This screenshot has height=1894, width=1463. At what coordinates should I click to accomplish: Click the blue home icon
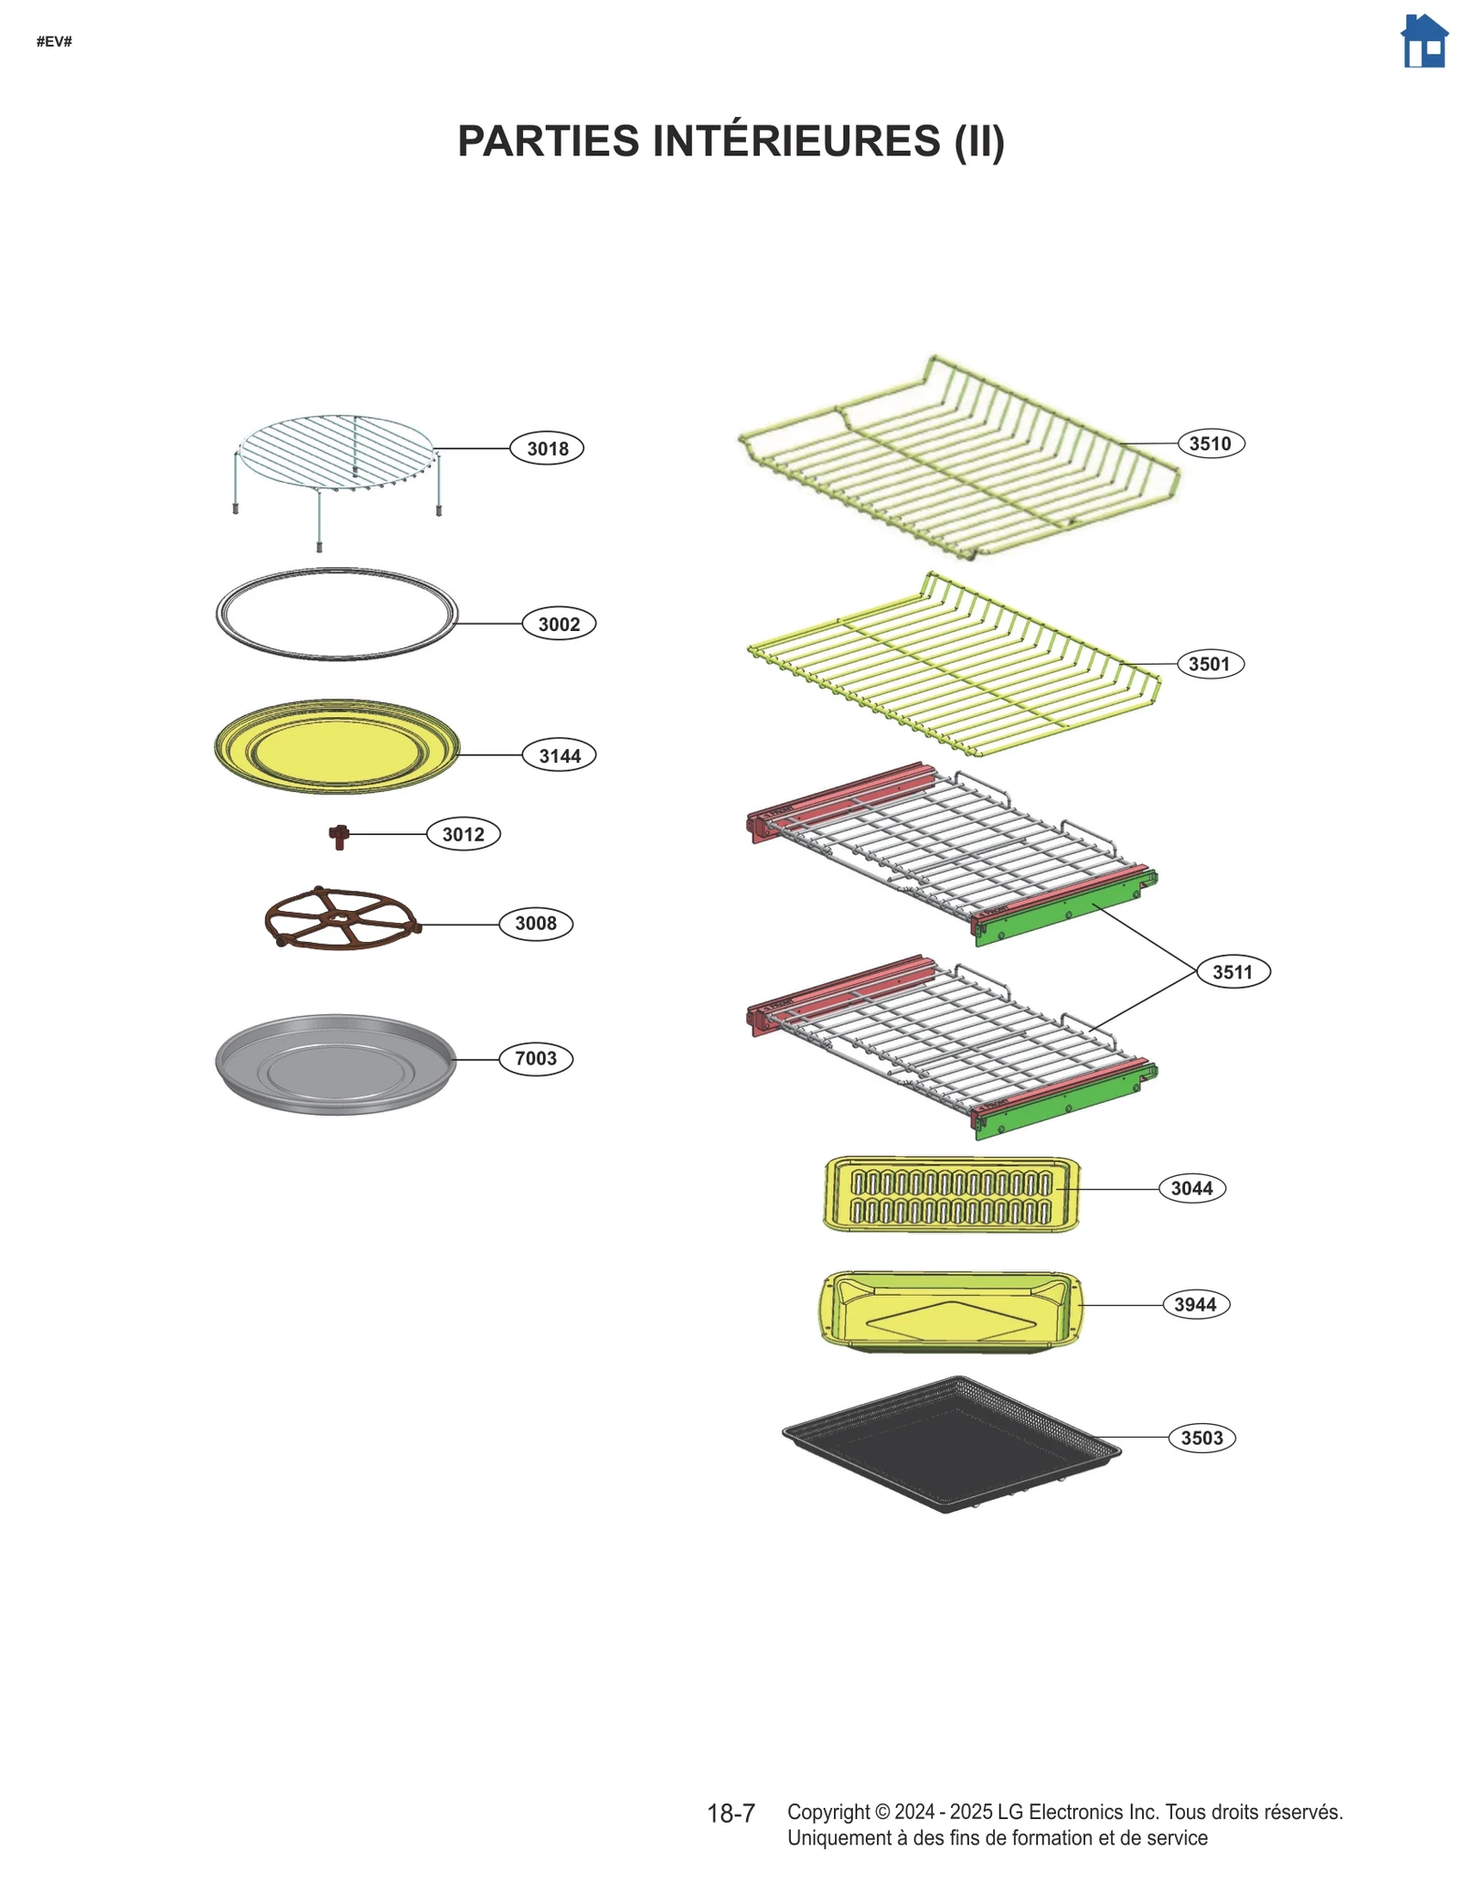1424,41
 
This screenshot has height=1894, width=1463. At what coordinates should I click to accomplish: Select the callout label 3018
547,448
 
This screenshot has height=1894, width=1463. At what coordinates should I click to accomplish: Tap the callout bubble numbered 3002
559,624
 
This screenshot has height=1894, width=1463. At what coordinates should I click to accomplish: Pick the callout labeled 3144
559,755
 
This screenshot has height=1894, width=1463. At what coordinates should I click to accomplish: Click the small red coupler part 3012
339,835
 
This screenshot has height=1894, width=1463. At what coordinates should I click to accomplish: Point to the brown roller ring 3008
341,919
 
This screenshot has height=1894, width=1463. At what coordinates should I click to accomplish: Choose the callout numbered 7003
536,1058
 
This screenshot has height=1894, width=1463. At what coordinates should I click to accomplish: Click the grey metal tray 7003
336,1064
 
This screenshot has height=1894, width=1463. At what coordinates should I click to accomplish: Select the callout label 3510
1210,444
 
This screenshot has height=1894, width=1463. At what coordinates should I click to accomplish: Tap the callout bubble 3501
1209,664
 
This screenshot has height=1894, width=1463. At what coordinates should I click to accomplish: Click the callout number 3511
1233,971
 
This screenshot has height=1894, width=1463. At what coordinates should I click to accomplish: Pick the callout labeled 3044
1191,1188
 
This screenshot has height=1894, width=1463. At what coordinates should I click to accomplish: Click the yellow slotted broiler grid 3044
951,1195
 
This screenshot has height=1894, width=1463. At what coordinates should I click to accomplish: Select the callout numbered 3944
1195,1304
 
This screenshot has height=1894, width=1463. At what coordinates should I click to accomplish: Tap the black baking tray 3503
951,1443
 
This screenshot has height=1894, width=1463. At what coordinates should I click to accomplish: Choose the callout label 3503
1201,1438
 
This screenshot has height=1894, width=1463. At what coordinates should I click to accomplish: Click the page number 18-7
731,1814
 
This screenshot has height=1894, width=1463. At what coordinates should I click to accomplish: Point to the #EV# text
54,41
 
